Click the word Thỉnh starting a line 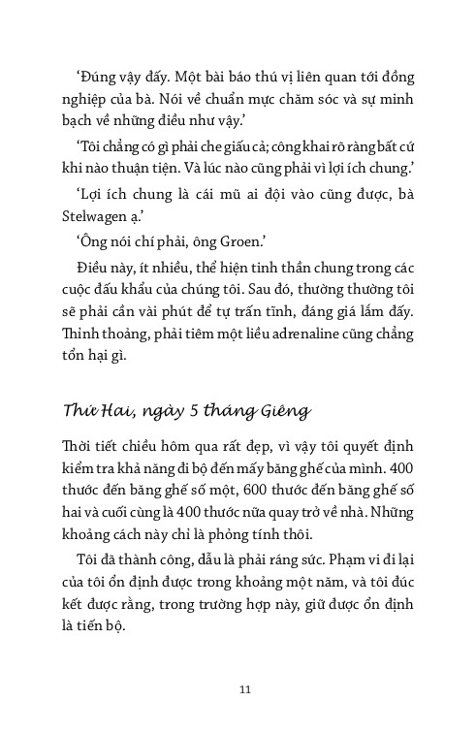tap(83, 335)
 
